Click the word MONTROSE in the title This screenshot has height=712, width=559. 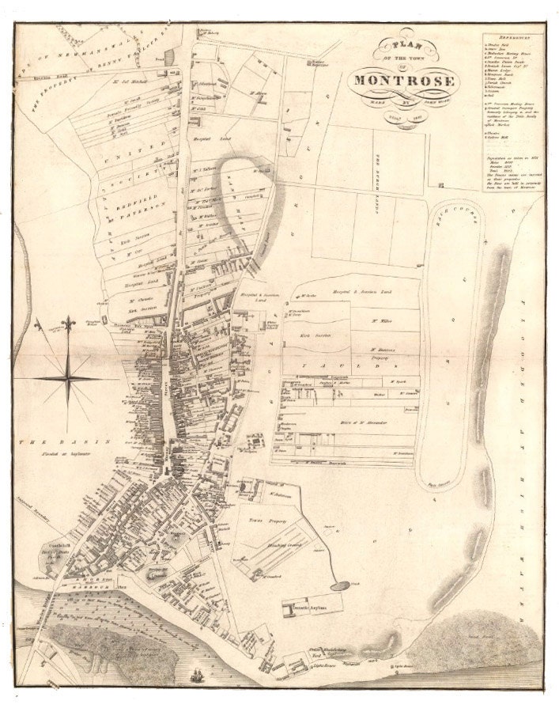point(404,80)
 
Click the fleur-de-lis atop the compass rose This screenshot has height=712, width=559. point(69,325)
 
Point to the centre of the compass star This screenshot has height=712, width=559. point(69,379)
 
